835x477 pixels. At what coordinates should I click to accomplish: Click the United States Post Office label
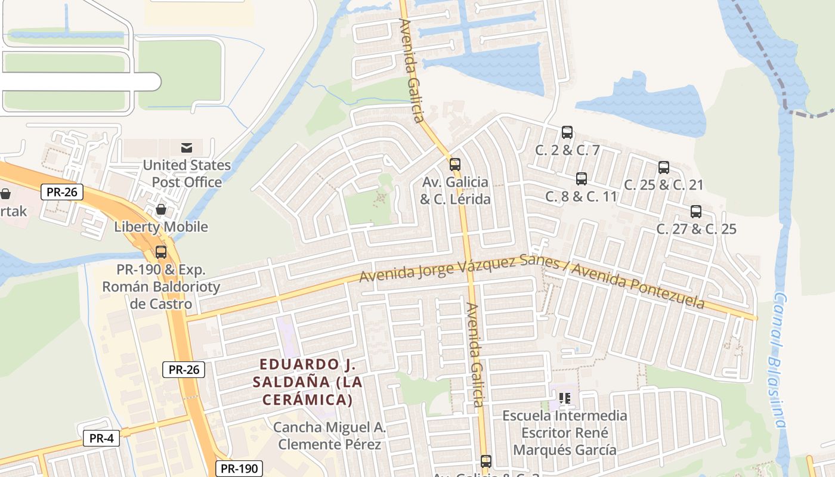(x=187, y=174)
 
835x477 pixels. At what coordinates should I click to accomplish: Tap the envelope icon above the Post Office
(x=187, y=147)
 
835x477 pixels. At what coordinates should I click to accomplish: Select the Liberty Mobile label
(x=161, y=227)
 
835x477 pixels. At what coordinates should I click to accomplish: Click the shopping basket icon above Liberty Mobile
(x=161, y=209)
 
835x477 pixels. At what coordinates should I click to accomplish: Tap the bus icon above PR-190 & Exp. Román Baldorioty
(x=161, y=252)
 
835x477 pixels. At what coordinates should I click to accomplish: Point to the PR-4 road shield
(x=101, y=438)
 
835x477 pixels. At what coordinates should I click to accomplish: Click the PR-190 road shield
(x=239, y=469)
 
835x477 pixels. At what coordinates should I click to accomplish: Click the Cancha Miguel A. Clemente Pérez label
(x=330, y=436)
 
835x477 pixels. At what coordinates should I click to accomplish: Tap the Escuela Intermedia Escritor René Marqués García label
(x=565, y=432)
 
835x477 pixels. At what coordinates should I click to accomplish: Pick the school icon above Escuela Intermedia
(x=565, y=398)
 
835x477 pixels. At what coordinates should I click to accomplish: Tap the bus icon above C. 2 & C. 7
(x=567, y=132)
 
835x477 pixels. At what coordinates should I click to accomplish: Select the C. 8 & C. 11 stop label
(x=581, y=196)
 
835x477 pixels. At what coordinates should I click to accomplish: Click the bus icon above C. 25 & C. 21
(x=664, y=168)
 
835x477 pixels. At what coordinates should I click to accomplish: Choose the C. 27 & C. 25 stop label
(x=696, y=229)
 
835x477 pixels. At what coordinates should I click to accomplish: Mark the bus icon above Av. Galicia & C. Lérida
(x=455, y=165)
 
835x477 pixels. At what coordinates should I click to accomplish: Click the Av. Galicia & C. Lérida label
(x=455, y=191)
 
